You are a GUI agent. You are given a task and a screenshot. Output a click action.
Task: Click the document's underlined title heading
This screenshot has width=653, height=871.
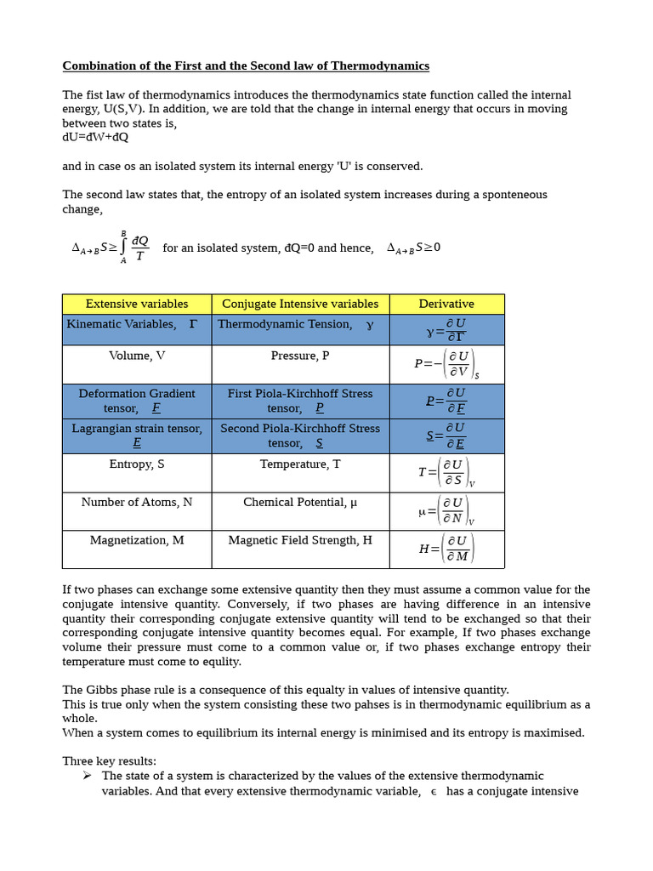pos(246,65)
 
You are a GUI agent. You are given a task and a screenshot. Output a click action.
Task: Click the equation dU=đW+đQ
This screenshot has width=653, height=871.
pos(95,137)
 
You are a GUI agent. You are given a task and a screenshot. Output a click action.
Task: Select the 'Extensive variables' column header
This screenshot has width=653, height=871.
pos(137,304)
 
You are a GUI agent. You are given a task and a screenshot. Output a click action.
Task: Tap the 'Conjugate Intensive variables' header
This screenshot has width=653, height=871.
pos(300,304)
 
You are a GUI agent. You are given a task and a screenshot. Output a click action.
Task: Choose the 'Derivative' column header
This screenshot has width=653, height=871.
pos(446,304)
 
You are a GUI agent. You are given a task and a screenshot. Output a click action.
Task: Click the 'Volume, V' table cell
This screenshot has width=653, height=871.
pos(137,356)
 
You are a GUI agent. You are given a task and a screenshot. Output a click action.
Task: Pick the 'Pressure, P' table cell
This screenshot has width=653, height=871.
pos(300,356)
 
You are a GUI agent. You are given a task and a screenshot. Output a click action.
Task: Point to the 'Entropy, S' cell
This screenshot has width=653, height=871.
pos(137,464)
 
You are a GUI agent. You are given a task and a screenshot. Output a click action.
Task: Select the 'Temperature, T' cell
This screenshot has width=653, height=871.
pos(300,464)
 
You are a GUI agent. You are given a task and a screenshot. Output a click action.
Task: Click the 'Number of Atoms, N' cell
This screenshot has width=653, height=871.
pos(137,502)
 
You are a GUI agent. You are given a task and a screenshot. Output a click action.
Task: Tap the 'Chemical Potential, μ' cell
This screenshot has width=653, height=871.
pos(300,502)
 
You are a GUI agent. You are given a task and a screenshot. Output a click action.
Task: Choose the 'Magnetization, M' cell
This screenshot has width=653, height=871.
pos(137,540)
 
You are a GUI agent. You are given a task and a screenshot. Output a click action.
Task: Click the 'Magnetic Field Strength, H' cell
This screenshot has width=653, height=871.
pos(300,540)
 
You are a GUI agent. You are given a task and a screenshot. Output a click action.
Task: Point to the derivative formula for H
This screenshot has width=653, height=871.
pos(446,549)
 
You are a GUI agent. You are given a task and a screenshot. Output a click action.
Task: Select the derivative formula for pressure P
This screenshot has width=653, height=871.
pos(446,364)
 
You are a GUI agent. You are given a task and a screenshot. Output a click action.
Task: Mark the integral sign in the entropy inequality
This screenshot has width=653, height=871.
pos(124,248)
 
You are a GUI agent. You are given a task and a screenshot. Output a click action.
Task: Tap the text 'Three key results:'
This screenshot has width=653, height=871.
pos(109,760)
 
